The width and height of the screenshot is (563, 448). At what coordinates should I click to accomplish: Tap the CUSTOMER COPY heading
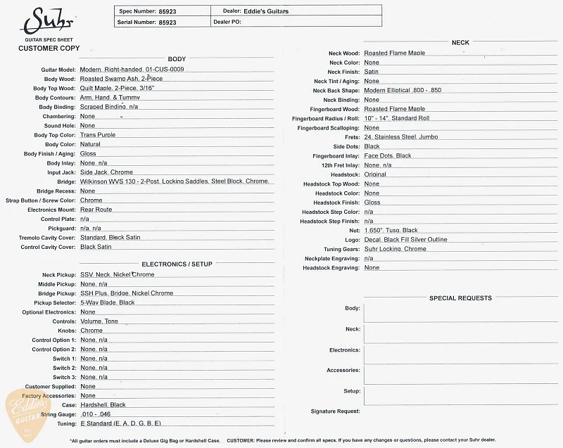(x=49, y=49)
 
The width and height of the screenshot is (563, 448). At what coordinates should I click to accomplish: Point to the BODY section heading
(x=177, y=59)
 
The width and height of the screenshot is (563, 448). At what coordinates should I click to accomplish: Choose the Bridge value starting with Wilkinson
(x=175, y=181)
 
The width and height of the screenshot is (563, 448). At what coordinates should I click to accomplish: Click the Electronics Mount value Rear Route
(x=96, y=210)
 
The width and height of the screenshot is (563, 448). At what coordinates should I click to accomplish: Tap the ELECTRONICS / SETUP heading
(x=177, y=264)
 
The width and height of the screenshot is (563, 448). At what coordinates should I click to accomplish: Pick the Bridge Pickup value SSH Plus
(x=127, y=293)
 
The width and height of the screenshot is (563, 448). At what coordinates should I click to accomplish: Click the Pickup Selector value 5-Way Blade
(x=107, y=302)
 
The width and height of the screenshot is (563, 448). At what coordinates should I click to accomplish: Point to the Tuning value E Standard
(x=121, y=423)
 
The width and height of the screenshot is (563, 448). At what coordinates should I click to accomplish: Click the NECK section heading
(x=460, y=43)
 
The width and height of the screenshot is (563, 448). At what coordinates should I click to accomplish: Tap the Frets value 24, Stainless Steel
(x=401, y=137)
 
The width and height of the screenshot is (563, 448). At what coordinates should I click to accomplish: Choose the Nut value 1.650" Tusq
(x=391, y=230)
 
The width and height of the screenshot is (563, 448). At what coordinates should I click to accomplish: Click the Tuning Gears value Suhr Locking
(x=395, y=249)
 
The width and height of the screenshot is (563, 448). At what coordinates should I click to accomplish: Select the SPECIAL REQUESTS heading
(x=460, y=298)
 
